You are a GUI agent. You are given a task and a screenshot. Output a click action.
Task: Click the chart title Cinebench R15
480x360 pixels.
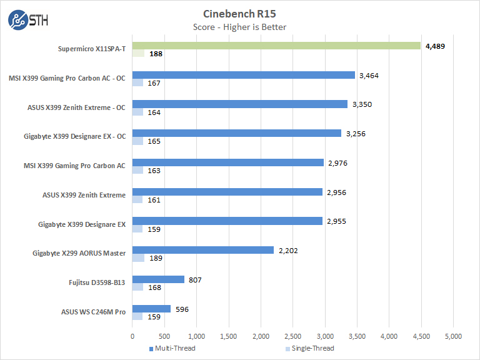coord(240,13)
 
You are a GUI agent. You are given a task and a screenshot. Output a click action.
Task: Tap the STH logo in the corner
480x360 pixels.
coord(27,20)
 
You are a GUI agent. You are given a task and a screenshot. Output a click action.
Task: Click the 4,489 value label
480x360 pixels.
coord(435,46)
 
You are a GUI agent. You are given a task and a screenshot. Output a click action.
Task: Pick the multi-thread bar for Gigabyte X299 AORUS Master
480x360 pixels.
coord(203,250)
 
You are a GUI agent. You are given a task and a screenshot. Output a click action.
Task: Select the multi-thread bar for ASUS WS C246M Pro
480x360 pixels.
coord(151,309)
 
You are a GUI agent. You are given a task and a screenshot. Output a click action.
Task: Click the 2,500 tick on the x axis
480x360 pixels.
coord(292,336)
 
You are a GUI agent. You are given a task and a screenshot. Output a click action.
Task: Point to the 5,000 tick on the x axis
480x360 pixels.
coord(453,336)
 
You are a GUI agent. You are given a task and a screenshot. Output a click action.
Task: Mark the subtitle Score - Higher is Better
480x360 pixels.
coord(240,27)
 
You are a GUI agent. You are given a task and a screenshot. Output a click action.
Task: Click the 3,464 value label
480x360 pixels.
coord(369,75)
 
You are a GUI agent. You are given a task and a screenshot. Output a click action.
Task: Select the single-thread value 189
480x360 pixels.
coord(154,258)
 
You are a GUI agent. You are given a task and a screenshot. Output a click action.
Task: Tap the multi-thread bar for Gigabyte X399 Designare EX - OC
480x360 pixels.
coord(237,133)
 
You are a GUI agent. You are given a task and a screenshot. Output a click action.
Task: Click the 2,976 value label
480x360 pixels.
coord(337,162)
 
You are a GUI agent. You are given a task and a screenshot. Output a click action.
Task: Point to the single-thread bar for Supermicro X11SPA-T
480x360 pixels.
coord(138,54)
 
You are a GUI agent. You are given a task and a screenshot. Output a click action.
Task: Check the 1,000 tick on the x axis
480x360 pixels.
coord(196,336)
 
